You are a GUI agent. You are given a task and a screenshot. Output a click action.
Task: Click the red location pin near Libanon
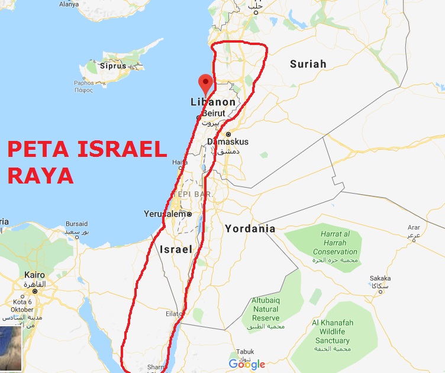click(205, 83)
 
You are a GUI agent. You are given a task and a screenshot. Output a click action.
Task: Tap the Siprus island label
click(113, 66)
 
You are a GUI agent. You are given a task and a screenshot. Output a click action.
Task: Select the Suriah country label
click(308, 64)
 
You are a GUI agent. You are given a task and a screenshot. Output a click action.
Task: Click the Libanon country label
click(213, 102)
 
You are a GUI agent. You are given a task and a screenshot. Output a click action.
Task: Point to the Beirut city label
click(214, 112)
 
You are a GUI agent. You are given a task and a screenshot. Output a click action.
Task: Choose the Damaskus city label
click(228, 142)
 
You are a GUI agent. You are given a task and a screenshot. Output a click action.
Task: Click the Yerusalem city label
click(165, 214)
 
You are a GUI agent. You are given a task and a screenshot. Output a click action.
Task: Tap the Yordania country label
click(250, 229)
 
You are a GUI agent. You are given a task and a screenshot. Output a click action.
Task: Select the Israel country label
click(176, 250)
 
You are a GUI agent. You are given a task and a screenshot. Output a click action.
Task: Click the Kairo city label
click(34, 275)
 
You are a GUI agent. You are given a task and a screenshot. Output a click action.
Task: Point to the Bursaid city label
click(76, 224)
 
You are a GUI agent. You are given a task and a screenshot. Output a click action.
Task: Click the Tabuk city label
click(244, 351)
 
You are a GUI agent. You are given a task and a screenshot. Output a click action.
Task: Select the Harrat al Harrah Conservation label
click(335, 243)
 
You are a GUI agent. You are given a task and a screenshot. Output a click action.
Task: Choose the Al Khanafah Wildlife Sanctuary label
click(332, 332)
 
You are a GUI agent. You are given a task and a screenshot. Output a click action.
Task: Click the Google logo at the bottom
click(247, 364)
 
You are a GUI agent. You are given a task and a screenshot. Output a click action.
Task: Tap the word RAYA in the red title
click(41, 175)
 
